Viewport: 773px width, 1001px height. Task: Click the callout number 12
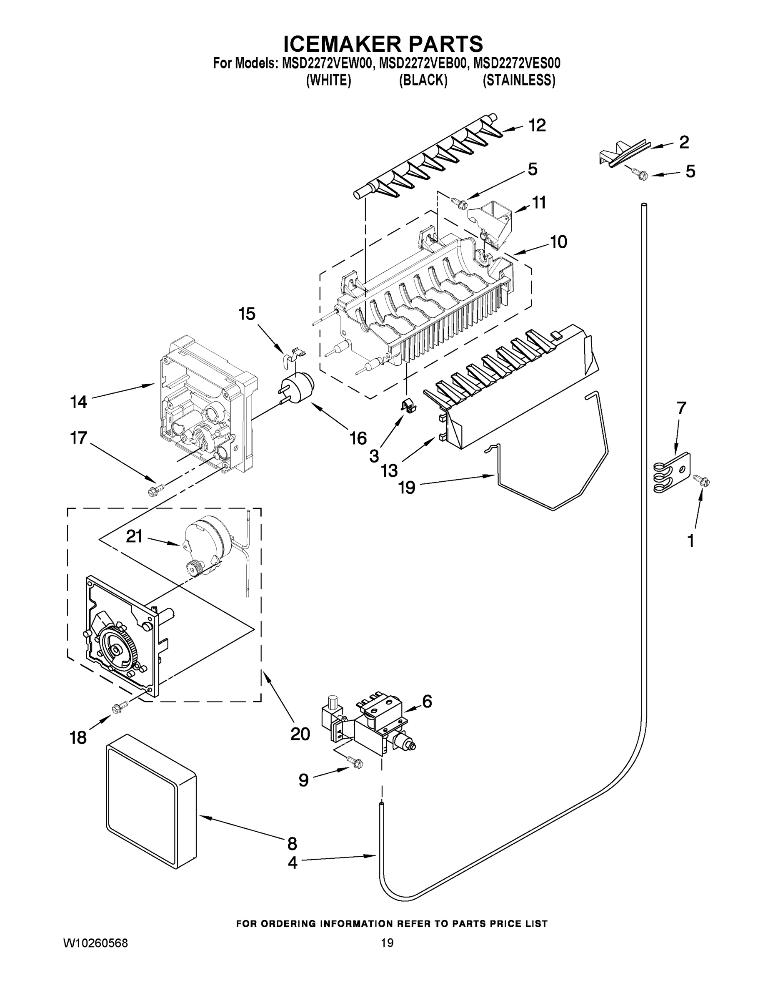point(537,125)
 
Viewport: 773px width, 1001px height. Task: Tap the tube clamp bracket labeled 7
point(672,473)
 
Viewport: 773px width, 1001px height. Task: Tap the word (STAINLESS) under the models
point(519,80)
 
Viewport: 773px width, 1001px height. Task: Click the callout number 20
point(300,734)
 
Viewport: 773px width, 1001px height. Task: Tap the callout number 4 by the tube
point(292,863)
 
